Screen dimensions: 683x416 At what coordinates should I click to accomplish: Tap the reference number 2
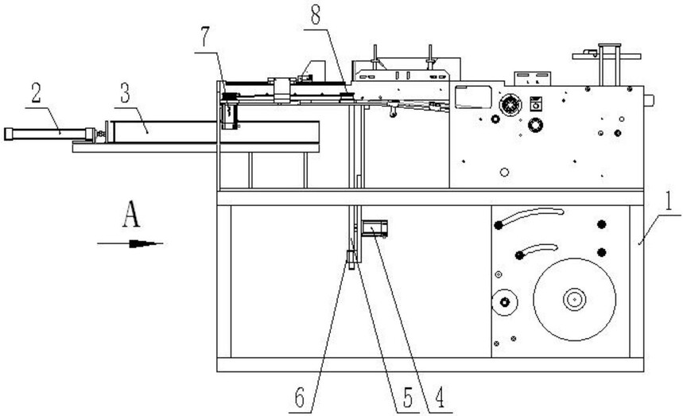tap(36, 92)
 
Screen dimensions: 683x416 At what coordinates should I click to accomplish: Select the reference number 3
tap(125, 93)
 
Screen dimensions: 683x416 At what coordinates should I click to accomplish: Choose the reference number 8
tap(316, 15)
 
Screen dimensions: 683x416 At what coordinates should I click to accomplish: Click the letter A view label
tap(131, 214)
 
